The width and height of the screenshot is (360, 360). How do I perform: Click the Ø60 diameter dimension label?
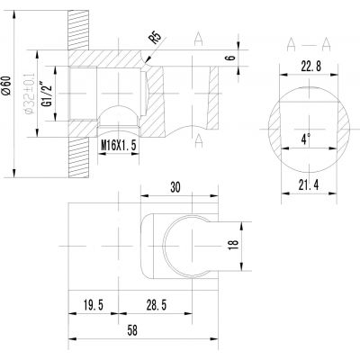pyautogui.click(x=6, y=85)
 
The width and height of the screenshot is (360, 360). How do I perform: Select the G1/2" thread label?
pyautogui.click(x=47, y=94)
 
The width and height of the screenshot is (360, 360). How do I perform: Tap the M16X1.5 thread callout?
pyautogui.click(x=119, y=146)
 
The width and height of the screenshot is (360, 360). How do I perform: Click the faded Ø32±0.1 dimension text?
pyautogui.click(x=30, y=94)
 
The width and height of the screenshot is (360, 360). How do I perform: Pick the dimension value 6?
pyautogui.click(x=230, y=57)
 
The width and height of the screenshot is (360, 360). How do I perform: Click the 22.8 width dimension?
pyautogui.click(x=310, y=67)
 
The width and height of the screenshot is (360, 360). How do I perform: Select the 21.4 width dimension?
pyautogui.click(x=309, y=185)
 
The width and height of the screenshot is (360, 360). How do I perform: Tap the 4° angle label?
pyautogui.click(x=306, y=139)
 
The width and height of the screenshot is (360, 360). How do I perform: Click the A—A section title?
pyautogui.click(x=309, y=45)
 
